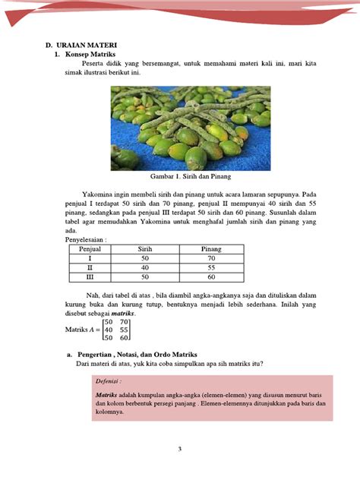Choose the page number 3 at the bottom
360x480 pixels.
coord(180,449)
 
